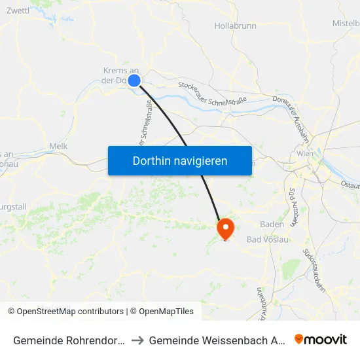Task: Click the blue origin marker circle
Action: pos(134,80)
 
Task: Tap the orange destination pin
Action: pos(225,228)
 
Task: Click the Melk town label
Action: pos(58,147)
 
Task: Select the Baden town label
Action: pos(272,224)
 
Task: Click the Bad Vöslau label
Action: pos(267,240)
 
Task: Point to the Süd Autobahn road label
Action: pos(292,204)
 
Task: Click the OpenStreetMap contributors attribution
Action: pos(67,312)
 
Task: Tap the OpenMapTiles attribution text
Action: pos(162,312)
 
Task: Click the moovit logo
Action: pos(321,339)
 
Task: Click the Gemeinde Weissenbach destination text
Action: pos(216,340)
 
